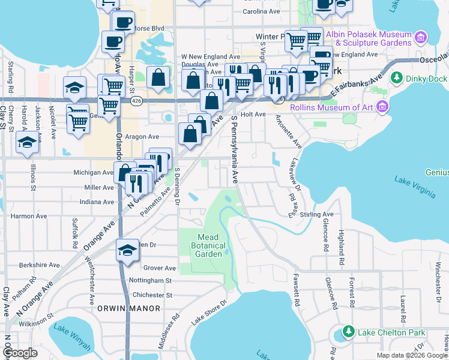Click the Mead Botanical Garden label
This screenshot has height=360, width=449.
tap(208, 245)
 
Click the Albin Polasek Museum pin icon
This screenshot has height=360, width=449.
tap(421, 39)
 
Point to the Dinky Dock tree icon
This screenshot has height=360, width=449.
tap(396, 78)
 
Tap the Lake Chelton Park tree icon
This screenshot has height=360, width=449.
tap(348, 332)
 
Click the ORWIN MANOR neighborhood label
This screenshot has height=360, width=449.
tap(129, 308)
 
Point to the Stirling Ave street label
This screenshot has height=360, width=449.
tap(319, 214)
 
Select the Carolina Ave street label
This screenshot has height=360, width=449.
tap(262, 11)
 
